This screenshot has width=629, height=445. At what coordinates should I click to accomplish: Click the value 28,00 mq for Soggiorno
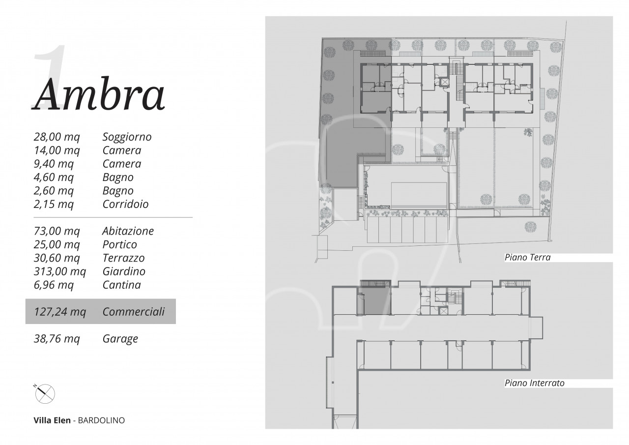[x=57, y=137]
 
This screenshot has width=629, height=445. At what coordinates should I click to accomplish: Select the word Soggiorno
[x=127, y=137]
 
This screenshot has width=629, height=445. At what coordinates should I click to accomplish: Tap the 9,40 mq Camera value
[x=54, y=164]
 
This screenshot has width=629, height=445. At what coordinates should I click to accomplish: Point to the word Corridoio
[x=125, y=204]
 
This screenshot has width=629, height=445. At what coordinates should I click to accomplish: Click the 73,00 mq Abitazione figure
[x=57, y=231]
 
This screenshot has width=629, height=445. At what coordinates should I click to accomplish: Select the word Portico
[x=119, y=244]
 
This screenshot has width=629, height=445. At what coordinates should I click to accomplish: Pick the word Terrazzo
[x=123, y=258]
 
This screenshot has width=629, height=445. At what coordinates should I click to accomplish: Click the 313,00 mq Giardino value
[x=60, y=271]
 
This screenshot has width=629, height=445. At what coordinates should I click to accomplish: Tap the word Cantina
[x=121, y=285]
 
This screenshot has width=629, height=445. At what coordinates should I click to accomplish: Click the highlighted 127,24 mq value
[x=60, y=312]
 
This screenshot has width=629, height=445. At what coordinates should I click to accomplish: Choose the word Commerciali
[x=133, y=312]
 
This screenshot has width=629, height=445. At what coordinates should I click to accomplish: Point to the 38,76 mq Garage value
[x=57, y=338]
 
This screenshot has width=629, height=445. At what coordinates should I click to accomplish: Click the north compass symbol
[x=44, y=393]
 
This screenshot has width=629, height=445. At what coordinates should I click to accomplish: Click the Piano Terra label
[x=528, y=257]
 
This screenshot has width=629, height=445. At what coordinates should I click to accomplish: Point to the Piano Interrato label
[x=534, y=383]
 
